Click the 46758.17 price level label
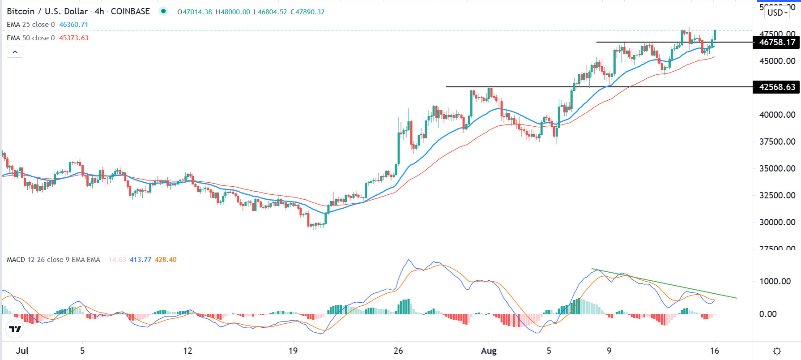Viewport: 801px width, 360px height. [777, 43]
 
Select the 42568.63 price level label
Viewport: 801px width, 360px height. [777, 87]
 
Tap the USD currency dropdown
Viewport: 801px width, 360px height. [777, 13]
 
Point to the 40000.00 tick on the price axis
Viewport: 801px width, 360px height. [777, 115]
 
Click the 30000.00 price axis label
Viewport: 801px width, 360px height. [777, 222]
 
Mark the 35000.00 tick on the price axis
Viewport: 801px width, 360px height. [777, 168]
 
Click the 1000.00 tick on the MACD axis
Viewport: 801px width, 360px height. [775, 281]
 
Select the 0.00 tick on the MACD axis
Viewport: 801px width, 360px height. [768, 314]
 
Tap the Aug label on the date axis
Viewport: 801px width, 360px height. [489, 351]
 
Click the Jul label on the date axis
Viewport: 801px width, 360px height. [22, 351]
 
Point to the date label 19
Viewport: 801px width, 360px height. [293, 351]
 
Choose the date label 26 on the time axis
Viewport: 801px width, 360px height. [398, 351]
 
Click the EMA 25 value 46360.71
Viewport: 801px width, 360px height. [74, 25]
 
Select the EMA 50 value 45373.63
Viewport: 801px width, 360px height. [74, 38]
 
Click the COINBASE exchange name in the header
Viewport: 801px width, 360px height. [130, 12]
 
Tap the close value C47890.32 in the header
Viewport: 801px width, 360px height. [307, 12]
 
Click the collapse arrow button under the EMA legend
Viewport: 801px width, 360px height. [15, 52]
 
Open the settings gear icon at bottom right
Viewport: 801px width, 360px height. [777, 351]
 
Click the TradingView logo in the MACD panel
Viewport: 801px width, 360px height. [15, 330]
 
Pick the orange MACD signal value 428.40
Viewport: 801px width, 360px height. [166, 260]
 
